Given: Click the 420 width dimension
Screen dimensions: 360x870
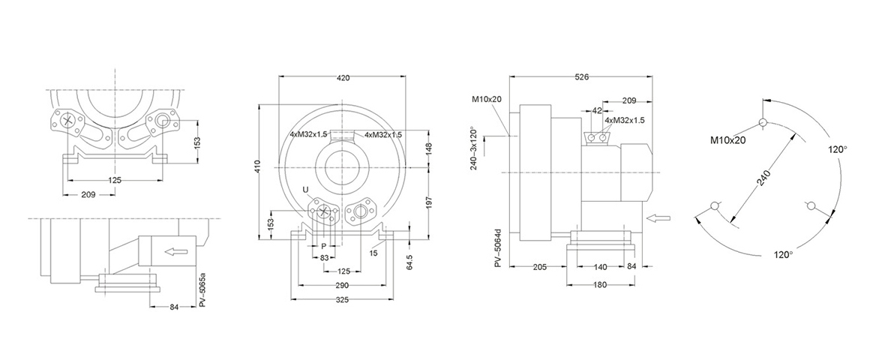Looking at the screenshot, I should point(343,77).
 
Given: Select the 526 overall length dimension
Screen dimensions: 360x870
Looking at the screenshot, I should point(580,77).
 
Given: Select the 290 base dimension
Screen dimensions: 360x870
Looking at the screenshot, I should point(343,286).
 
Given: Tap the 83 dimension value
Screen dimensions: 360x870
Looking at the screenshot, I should point(324,257).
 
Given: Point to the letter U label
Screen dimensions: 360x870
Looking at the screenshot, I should point(305,190).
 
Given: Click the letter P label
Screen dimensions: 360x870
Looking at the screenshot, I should point(324,245).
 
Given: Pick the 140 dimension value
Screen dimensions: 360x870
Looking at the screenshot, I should point(599,268).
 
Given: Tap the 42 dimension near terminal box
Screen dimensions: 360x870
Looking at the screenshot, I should point(598,110).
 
